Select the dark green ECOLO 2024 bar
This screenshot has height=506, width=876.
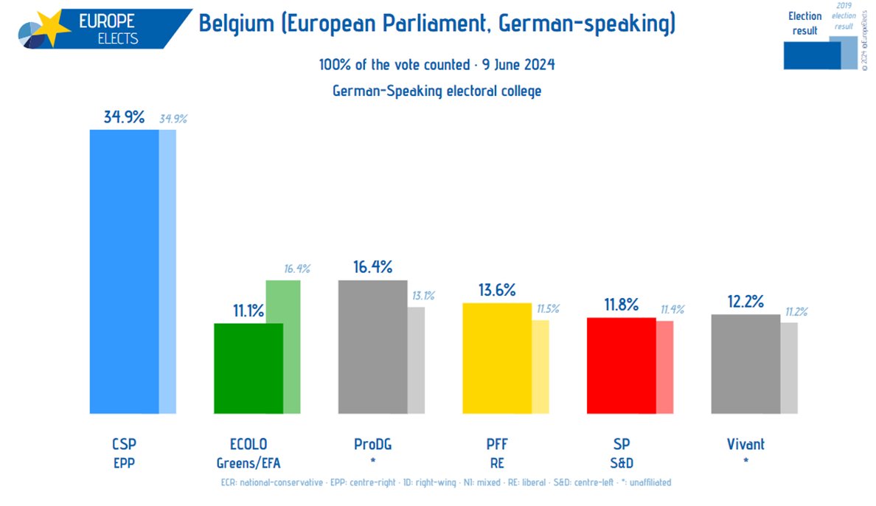(248, 368)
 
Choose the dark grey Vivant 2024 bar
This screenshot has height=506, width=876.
(745, 364)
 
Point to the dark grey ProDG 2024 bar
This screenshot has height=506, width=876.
(372, 347)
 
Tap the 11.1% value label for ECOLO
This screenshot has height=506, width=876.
(248, 311)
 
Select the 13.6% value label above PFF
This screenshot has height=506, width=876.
(496, 290)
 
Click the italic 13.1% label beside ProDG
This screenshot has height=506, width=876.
(423, 296)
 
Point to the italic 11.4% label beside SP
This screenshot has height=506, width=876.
(670, 310)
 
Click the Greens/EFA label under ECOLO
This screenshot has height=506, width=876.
(248, 462)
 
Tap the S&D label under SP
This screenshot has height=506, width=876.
(620, 462)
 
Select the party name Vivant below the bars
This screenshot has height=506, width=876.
(745, 444)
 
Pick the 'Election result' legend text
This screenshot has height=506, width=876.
(804, 23)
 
